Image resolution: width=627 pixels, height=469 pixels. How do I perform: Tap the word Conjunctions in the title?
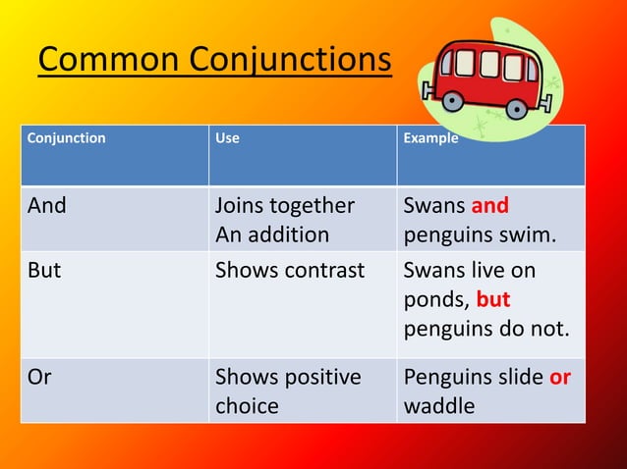(290, 61)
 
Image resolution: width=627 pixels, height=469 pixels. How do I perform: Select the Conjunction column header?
(67, 138)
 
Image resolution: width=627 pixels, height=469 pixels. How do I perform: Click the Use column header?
(227, 138)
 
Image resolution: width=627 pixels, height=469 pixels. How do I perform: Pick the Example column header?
(430, 138)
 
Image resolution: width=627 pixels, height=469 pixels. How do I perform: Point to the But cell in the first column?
(44, 270)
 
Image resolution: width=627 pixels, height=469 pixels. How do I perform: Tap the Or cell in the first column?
(39, 378)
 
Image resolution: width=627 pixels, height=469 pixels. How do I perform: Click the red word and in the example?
(489, 207)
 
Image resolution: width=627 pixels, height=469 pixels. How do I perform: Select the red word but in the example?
(493, 299)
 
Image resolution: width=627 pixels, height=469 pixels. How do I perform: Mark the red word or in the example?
(560, 378)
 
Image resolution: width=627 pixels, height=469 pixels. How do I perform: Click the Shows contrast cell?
(290, 270)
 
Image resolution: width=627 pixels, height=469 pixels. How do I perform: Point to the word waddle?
(439, 405)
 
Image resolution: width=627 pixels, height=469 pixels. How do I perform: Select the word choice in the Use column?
(248, 405)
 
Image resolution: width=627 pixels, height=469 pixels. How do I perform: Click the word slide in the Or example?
(520, 378)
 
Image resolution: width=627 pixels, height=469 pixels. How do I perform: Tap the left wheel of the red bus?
(453, 100)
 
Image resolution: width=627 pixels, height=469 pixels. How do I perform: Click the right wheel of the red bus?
(510, 102)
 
